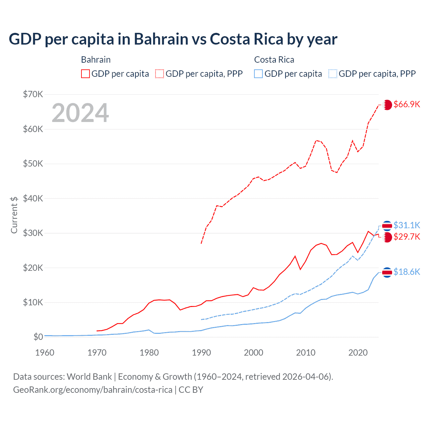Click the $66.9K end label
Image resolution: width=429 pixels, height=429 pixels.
407,104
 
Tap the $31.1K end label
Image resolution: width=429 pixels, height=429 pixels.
407,225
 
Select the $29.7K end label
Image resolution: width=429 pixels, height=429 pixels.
407,237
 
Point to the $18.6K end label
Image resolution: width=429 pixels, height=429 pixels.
407,272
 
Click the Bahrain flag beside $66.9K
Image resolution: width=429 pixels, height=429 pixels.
387,105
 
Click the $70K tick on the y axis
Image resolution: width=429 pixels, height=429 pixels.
33,94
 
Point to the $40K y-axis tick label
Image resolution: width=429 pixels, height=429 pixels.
33,198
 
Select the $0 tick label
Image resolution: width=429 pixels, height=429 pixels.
38,337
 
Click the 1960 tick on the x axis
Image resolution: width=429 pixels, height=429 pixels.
45,353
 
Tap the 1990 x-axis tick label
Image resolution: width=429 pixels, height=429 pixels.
201,353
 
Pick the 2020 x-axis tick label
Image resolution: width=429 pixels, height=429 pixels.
358,353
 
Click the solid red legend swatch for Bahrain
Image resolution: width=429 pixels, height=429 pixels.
85,74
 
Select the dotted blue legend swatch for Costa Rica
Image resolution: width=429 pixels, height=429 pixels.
333,74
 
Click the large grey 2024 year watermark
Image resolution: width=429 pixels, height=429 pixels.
80,113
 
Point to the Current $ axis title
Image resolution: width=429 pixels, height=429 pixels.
14,215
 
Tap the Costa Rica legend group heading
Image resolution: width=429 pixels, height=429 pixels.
274,60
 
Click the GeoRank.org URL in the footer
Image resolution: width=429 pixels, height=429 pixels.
93,390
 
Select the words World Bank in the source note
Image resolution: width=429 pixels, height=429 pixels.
89,377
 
